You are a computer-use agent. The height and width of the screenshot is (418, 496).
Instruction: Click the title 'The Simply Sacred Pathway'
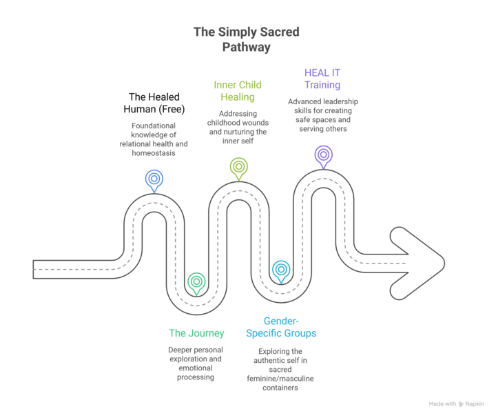(x=246, y=39)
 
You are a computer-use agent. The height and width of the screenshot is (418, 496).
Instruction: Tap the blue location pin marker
(x=154, y=179)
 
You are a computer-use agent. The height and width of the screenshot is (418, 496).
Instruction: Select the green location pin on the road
(x=196, y=281)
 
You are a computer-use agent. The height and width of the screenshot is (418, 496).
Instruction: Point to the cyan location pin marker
(x=280, y=270)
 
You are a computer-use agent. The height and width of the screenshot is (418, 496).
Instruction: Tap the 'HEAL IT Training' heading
(x=322, y=78)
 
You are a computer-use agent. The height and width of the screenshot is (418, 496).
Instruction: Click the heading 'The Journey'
(x=196, y=333)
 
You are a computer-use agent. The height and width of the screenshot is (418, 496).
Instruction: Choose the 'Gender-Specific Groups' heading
(x=280, y=327)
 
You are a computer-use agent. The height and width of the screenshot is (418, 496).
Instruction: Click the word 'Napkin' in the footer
(x=475, y=404)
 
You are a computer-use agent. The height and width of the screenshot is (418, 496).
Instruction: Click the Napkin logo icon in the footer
(x=461, y=404)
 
